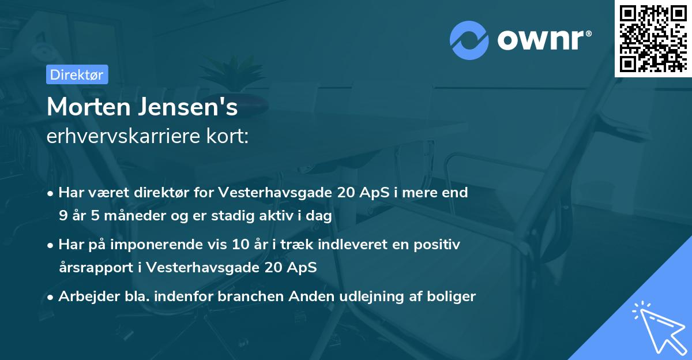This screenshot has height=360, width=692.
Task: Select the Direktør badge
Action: pyautogui.click(x=77, y=74)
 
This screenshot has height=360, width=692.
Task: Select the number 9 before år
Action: pyautogui.click(x=62, y=215)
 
